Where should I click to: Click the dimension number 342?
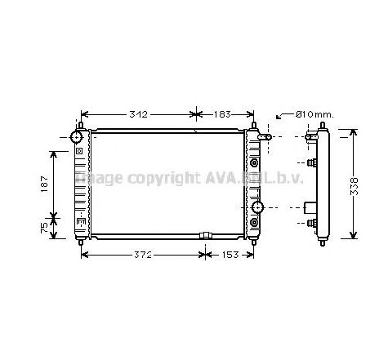tap(138, 113)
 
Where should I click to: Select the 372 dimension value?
tap(142, 256)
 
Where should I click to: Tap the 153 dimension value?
tap(231, 256)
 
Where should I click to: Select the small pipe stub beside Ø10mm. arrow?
tap(263, 138)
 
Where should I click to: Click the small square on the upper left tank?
tap(78, 151)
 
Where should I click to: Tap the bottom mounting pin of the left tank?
tap(82, 242)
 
